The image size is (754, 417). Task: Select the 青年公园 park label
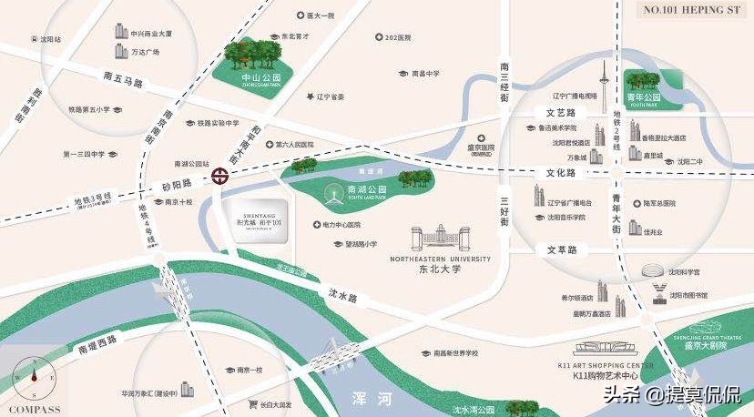(643, 97)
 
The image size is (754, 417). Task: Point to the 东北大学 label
(441, 270)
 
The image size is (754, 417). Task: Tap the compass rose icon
(34, 375)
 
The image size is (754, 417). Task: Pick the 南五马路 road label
(124, 82)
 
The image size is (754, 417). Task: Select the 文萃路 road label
(563, 249)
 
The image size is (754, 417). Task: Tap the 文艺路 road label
(562, 114)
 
